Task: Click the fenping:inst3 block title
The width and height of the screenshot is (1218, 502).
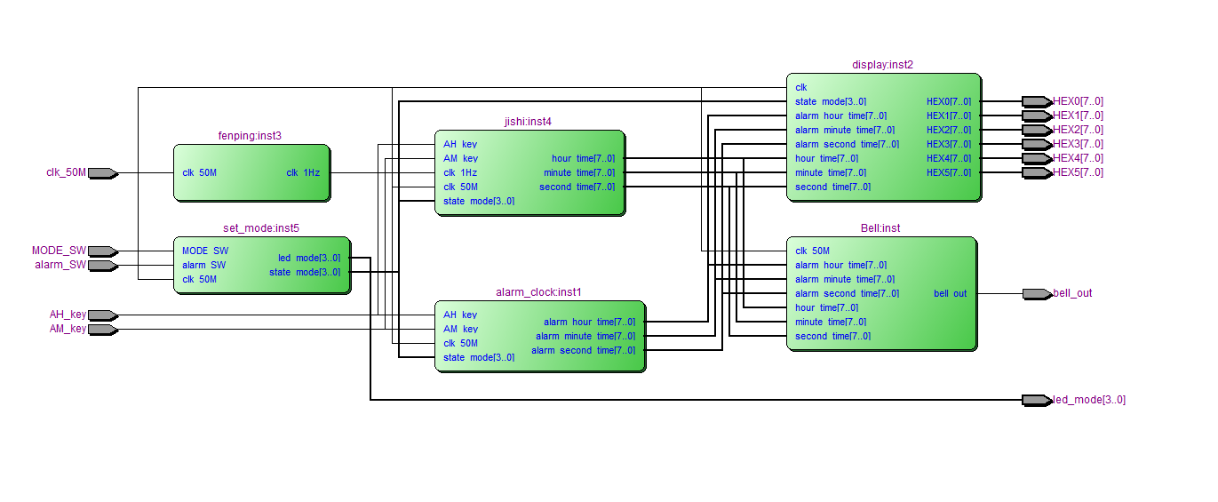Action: pyautogui.click(x=250, y=136)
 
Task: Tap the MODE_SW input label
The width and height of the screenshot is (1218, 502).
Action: pyautogui.click(x=59, y=251)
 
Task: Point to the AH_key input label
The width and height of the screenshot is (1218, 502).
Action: pyautogui.click(x=68, y=315)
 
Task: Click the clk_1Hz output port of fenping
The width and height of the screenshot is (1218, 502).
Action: pyautogui.click(x=303, y=172)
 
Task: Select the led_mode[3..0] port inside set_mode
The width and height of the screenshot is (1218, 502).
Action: pyautogui.click(x=308, y=258)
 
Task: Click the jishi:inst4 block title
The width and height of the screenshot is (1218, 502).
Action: pyautogui.click(x=528, y=122)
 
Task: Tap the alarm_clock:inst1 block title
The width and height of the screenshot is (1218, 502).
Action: pyautogui.click(x=538, y=292)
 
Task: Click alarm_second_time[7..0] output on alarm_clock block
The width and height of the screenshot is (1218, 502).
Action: pyautogui.click(x=583, y=350)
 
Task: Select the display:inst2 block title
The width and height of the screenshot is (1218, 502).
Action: pyautogui.click(x=882, y=65)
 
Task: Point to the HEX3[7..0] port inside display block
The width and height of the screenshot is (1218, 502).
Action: pyautogui.click(x=948, y=144)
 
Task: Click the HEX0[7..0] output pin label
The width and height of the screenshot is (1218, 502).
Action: pyautogui.click(x=1078, y=101)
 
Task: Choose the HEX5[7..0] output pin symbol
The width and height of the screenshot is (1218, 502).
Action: pyautogui.click(x=1036, y=172)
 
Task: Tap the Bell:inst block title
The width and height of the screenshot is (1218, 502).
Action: pyautogui.click(x=880, y=228)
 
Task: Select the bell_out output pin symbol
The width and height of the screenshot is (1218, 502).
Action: pyautogui.click(x=1036, y=293)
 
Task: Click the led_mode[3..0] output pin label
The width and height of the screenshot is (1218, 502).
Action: pyautogui.click(x=1089, y=400)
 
